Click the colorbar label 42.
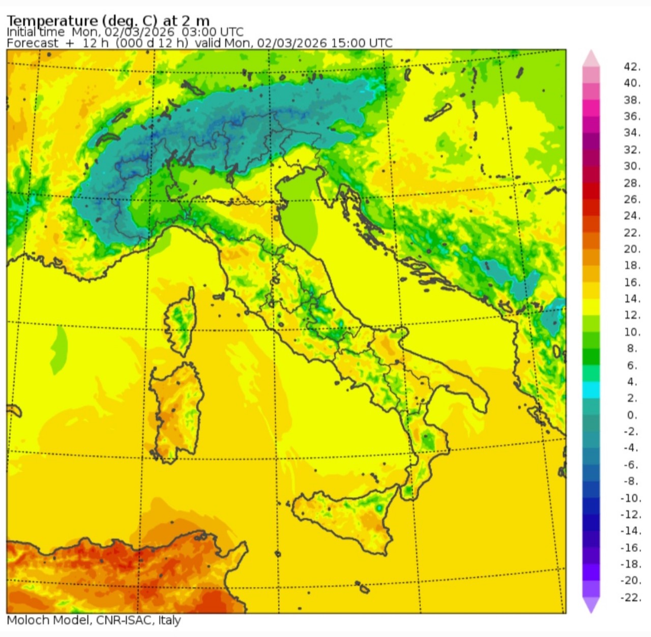click(x=632, y=67)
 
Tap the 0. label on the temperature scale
click(x=632, y=415)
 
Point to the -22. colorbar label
click(x=631, y=597)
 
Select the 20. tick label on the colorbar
click(x=632, y=249)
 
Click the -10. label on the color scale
click(x=631, y=498)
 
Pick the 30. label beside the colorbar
click(x=632, y=166)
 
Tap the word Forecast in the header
click(x=32, y=43)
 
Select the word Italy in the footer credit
click(x=169, y=620)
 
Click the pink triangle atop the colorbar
click(x=591, y=57)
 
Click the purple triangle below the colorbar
click(x=591, y=604)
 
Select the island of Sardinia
click(x=178, y=412)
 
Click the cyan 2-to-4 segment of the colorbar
click(x=591, y=390)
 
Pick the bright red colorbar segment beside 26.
click(x=591, y=191)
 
